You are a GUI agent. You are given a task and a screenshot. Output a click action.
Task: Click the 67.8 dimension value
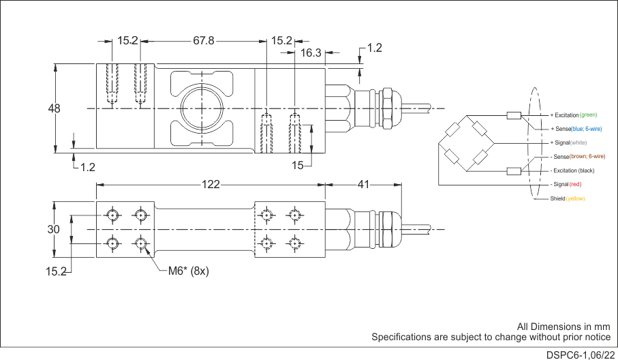pos(204,41)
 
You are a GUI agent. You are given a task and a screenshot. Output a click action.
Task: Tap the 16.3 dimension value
pos(311,52)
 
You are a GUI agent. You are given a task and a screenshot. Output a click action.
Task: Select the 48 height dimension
pos(55,108)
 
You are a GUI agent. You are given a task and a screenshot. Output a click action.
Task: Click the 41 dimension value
pos(363,184)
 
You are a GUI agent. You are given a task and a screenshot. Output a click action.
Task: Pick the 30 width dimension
pos(54,230)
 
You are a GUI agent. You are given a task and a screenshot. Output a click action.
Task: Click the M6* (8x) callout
pos(188,271)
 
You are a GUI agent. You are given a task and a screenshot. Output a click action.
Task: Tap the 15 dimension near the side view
pos(298,165)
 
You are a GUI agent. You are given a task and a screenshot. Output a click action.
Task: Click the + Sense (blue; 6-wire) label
pos(576,129)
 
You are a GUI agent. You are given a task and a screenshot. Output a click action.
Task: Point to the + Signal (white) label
pos(568,142)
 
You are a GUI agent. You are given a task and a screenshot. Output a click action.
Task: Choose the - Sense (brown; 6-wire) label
pos(577,157)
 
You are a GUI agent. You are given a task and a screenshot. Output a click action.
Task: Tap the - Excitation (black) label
pos(572,170)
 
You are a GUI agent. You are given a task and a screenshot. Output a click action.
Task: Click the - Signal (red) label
pos(566,184)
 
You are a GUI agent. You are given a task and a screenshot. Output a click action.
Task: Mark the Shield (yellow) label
pos(568,198)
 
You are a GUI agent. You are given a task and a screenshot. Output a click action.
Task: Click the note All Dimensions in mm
pos(563,327)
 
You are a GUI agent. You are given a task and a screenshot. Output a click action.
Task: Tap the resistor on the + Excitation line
pos(514,115)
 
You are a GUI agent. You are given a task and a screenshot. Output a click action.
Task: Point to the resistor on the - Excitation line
pos(514,170)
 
